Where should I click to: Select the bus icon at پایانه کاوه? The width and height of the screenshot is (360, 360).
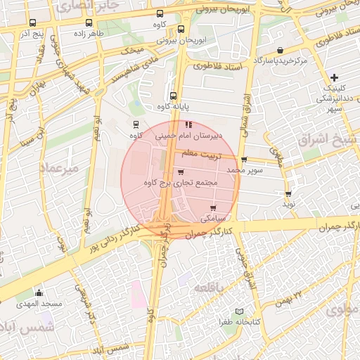pyautogui.click(x=173, y=96)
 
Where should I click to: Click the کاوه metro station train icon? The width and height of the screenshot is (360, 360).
pyautogui.click(x=135, y=124)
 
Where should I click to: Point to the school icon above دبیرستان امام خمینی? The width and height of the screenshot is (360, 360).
pyautogui.click(x=188, y=124)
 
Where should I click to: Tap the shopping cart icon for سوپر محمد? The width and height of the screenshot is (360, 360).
pyautogui.click(x=244, y=160)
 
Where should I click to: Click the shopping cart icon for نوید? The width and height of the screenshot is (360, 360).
pyautogui.click(x=288, y=193)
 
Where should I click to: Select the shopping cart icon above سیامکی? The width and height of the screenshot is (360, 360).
pyautogui.click(x=213, y=207)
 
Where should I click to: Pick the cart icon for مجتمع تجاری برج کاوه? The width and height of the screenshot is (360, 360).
pyautogui.click(x=181, y=172)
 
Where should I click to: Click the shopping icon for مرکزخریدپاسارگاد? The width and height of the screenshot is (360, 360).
pyautogui.click(x=281, y=51)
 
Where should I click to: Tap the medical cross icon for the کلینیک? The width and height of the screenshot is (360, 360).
pyautogui.click(x=334, y=77)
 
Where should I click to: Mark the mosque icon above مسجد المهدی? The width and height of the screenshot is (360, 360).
pyautogui.click(x=39, y=293)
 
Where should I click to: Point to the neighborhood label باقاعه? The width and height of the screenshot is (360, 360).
pyautogui.click(x=210, y=290)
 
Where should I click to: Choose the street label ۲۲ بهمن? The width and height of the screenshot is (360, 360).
pyautogui.click(x=290, y=298)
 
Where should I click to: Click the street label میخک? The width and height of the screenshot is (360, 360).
pyautogui.click(x=131, y=50)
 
